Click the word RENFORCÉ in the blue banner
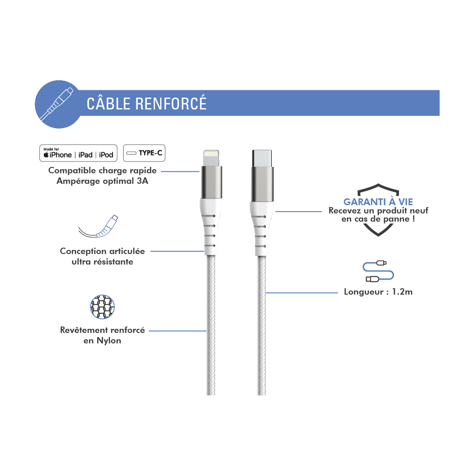coord(171,103)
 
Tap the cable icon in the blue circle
coord(57,104)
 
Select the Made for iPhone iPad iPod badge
coord(78,153)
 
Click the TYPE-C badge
coord(144,153)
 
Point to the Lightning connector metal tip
coord(211,158)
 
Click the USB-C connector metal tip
coord(262,158)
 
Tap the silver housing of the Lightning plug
coord(212,182)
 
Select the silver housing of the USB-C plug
coord(262,184)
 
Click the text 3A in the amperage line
coord(142,181)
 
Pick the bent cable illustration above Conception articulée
coord(99,227)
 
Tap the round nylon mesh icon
coord(102,307)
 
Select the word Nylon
coord(109,341)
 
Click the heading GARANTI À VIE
coord(378,202)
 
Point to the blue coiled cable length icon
coord(378,271)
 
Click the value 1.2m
coord(402,291)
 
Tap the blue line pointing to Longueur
coord(302,293)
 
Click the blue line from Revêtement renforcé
coord(177,331)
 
